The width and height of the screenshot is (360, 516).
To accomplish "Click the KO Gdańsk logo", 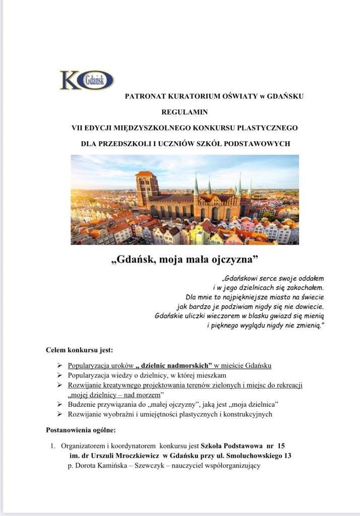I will (87, 80).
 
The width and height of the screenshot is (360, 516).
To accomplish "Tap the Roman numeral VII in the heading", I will (79, 127).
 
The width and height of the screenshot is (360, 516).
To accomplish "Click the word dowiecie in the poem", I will (308, 306).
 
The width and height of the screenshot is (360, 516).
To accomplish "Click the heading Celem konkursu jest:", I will (79, 350).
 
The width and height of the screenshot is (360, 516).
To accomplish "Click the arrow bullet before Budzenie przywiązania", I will (60, 404).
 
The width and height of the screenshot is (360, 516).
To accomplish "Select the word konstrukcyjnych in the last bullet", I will (247, 414).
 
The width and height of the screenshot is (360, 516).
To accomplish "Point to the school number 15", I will (281, 446).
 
